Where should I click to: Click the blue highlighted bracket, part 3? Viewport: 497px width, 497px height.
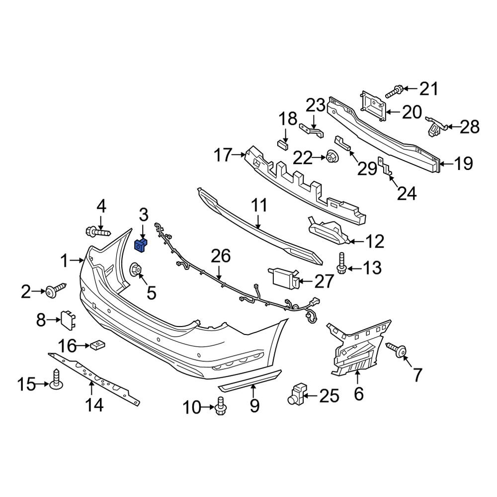point(141,245)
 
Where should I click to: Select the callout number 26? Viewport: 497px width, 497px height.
point(221,256)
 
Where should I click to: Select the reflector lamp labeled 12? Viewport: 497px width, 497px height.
point(329,231)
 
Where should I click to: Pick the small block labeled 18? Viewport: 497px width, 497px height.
point(283,145)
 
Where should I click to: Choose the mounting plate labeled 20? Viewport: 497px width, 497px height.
point(373,105)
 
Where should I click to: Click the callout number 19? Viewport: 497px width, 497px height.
point(463,163)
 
